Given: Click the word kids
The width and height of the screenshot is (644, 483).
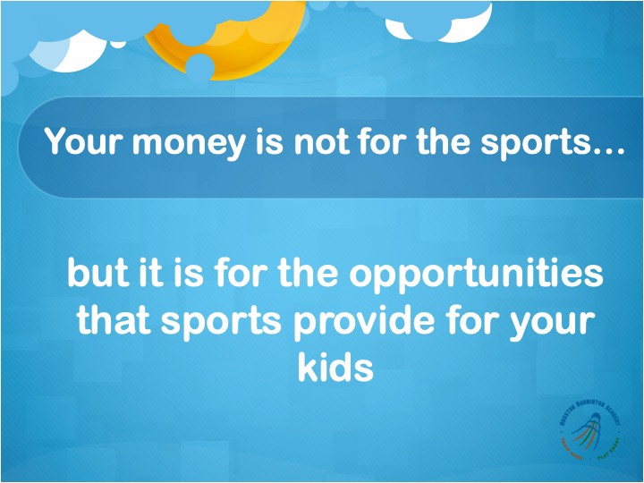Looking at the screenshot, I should pyautogui.click(x=335, y=367).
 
